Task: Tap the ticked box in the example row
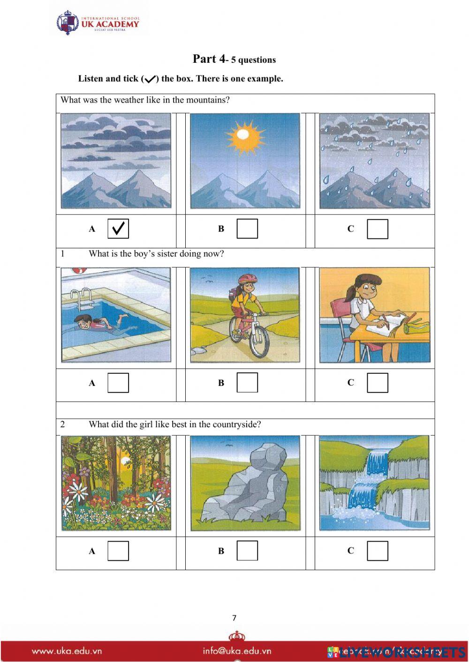pyautogui.click(x=118, y=229)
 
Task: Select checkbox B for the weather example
pyautogui.click(x=247, y=229)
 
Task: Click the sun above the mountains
pyautogui.click(x=242, y=135)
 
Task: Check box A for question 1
pyautogui.click(x=118, y=382)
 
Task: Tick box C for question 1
pyautogui.click(x=377, y=382)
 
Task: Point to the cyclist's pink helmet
pyautogui.click(x=247, y=279)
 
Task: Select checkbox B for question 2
pyautogui.click(x=247, y=550)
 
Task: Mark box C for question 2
pyautogui.click(x=377, y=550)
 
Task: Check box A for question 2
pyautogui.click(x=118, y=550)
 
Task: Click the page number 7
pyautogui.click(x=234, y=618)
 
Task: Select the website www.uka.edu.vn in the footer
pyautogui.click(x=67, y=651)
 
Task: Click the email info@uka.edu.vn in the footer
pyautogui.click(x=237, y=651)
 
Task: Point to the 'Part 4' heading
pyautogui.click(x=209, y=59)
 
